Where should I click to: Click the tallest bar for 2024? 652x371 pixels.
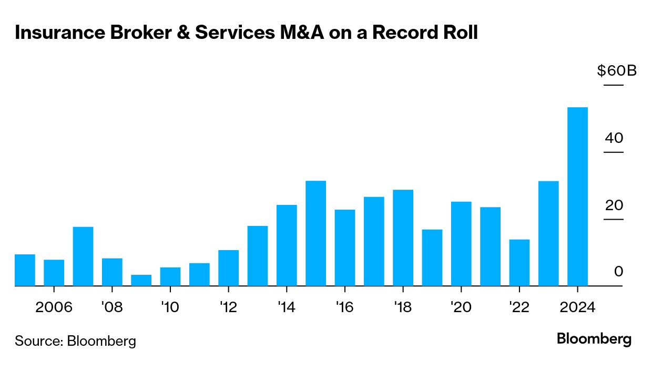[x=577, y=197]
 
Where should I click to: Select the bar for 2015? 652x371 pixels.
[x=315, y=233]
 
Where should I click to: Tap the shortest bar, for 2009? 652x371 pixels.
[x=141, y=280]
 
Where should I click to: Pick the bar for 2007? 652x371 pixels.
[x=83, y=256]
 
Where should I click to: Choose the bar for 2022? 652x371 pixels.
[x=519, y=263]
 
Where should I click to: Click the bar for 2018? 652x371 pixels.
[x=403, y=238]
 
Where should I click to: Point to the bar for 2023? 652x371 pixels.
[x=548, y=233]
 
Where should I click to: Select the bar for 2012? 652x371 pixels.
[x=228, y=268]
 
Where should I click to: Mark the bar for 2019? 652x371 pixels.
[x=432, y=257]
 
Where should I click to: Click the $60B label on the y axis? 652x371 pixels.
[x=616, y=70]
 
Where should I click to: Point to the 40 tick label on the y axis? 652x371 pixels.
[x=614, y=138]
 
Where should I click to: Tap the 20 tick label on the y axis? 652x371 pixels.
[x=614, y=205]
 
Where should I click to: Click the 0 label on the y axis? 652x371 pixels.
[x=618, y=272]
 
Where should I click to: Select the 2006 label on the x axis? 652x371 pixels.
[x=54, y=307]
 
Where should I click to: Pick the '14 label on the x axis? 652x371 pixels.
[x=286, y=307]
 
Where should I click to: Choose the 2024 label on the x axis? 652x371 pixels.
[x=577, y=307]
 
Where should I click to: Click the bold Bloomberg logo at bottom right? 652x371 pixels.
[x=594, y=339]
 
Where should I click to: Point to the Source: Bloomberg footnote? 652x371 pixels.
[x=75, y=341]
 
